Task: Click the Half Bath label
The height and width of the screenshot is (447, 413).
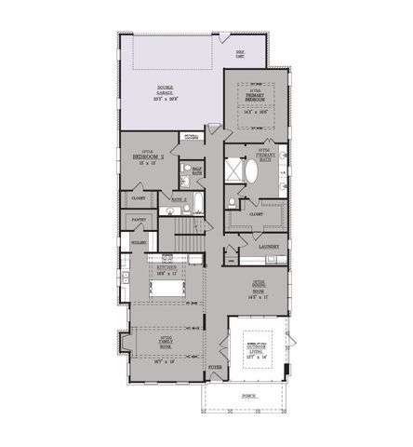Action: (x=196, y=169)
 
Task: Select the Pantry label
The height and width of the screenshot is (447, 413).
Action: (x=136, y=220)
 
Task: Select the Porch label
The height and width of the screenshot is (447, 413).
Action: (x=248, y=395)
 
